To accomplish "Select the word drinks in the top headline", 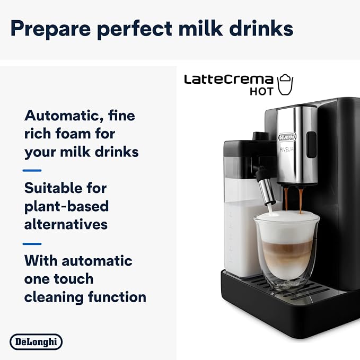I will (x=260, y=29).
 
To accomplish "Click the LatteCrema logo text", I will (x=229, y=80).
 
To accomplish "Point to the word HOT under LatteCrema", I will (x=262, y=91).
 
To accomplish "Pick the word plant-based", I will (x=66, y=206).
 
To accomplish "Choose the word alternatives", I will (x=66, y=224).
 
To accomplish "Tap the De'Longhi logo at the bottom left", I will (x=36, y=341).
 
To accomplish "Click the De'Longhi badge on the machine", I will (x=287, y=137).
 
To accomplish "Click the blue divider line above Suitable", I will (x=32, y=170).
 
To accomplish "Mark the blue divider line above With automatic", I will (x=32, y=243).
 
